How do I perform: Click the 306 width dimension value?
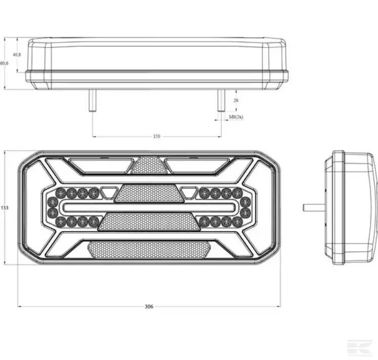(x=148, y=306)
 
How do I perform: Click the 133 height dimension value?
(x=5, y=207)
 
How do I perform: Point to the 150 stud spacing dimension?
(x=156, y=137)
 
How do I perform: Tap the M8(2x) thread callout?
(x=236, y=117)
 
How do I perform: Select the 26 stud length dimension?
(x=236, y=100)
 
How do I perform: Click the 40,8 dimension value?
(x=17, y=54)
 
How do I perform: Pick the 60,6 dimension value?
(x=4, y=63)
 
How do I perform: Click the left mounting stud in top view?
(x=92, y=101)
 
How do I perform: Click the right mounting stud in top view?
(x=221, y=101)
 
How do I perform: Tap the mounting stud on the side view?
(x=313, y=207)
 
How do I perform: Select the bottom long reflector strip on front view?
(x=149, y=249)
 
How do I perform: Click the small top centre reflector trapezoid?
(x=149, y=165)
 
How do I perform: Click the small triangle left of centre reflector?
(x=108, y=192)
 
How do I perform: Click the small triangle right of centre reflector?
(x=189, y=192)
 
